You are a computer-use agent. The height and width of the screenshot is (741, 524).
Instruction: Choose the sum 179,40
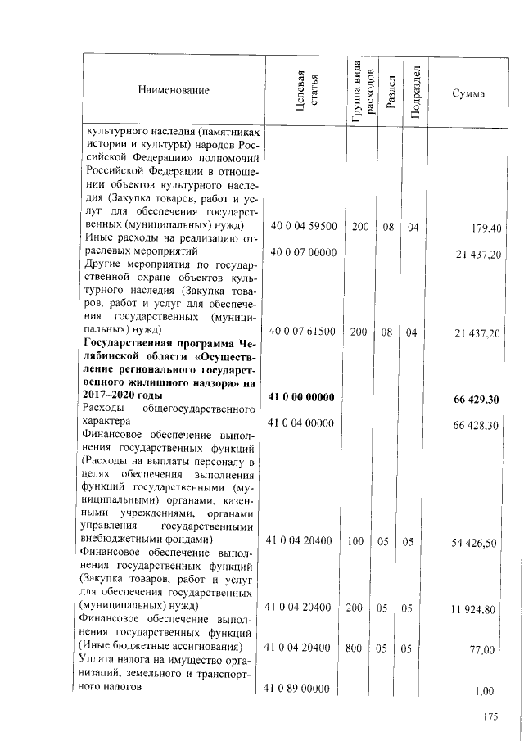486,227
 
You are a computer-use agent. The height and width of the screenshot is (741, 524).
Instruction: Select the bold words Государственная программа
155,341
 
